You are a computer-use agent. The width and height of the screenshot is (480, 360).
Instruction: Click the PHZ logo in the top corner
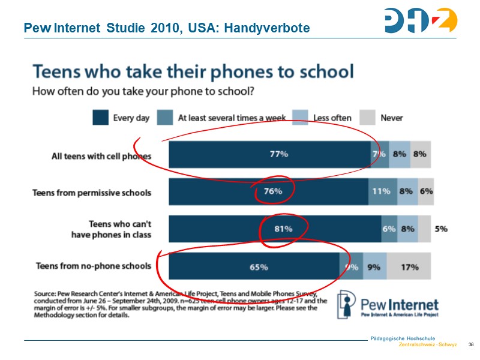pos(421,20)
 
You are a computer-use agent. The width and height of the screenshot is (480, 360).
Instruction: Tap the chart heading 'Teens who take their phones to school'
pos(193,72)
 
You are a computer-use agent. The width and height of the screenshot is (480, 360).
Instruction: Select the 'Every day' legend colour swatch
pos(100,117)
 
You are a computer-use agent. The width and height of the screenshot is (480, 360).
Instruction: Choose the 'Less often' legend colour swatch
pos(301,117)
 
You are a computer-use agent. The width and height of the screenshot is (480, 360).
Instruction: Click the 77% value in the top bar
pos(278,154)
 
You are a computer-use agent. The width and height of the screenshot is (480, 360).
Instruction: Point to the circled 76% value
pos(273,192)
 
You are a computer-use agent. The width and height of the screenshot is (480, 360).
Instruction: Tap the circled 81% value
pos(283,229)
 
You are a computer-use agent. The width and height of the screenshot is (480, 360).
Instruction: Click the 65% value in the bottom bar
pos(259,267)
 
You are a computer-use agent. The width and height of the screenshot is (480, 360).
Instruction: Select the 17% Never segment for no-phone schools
pos(409,267)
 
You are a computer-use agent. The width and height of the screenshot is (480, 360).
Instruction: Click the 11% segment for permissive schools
pos(382,192)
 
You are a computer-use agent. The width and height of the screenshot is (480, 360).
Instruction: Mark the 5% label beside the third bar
pos(441,229)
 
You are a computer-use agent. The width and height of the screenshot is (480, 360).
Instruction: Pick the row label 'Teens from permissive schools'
pos(91,193)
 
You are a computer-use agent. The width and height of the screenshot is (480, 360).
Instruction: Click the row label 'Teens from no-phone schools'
pos(94,266)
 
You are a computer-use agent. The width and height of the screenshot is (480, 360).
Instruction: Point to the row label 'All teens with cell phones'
pos(101,155)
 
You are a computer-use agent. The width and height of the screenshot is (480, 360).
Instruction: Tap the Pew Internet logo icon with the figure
pos(347,304)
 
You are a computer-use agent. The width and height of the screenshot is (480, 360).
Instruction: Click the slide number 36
pos(470,344)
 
